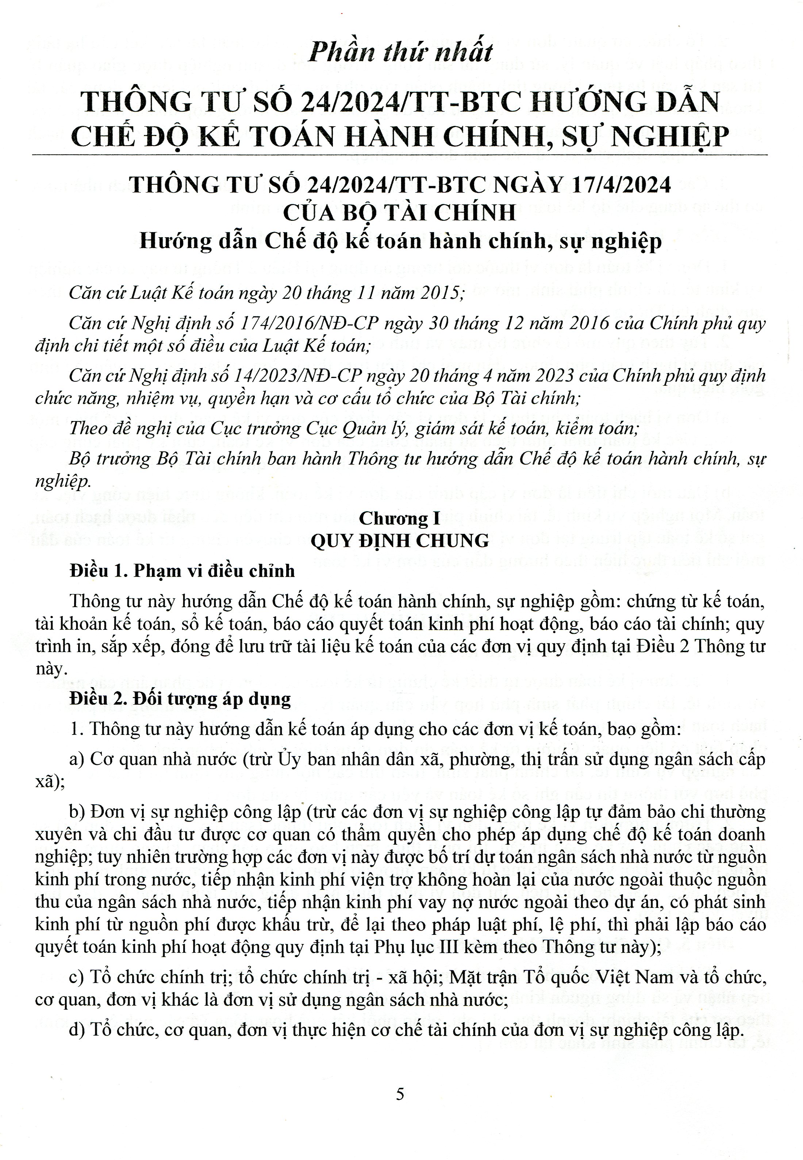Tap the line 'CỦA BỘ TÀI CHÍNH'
tap(400, 213)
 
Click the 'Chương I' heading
tap(400, 518)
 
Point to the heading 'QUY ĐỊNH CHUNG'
tap(400, 541)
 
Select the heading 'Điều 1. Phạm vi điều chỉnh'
tap(182, 571)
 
